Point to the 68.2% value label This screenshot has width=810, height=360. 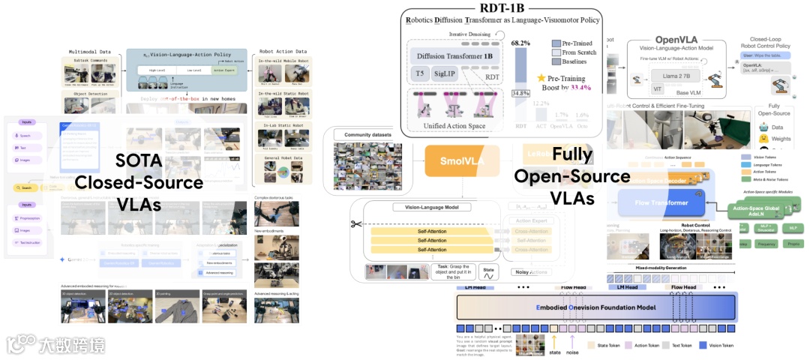[x=521, y=43]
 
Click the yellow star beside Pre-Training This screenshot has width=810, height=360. [x=541, y=77]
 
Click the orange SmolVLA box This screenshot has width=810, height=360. [x=451, y=160]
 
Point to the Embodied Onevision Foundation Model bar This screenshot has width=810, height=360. [x=596, y=308]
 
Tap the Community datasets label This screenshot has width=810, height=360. [x=362, y=135]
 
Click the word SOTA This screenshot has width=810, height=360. [x=142, y=161]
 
